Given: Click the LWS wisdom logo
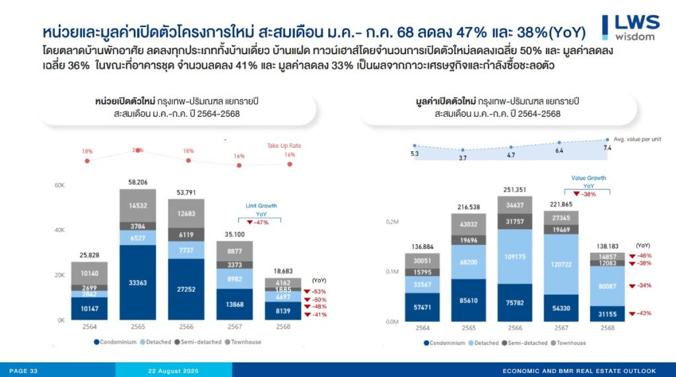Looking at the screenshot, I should point(630,27).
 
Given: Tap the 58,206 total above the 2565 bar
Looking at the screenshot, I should point(137,182).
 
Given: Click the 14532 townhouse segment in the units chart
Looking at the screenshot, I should point(137,205).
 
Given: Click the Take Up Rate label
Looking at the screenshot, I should point(284,145).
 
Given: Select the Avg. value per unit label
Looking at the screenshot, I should point(637,139).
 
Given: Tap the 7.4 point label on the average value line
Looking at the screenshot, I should point(607,148).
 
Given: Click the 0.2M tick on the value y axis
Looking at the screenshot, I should point(391,223).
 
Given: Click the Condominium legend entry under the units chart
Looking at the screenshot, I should point(117,343).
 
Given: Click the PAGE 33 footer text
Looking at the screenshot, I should point(23,371).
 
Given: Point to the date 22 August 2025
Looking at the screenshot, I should point(173,371).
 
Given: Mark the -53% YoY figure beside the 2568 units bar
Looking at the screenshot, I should point(318,291).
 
